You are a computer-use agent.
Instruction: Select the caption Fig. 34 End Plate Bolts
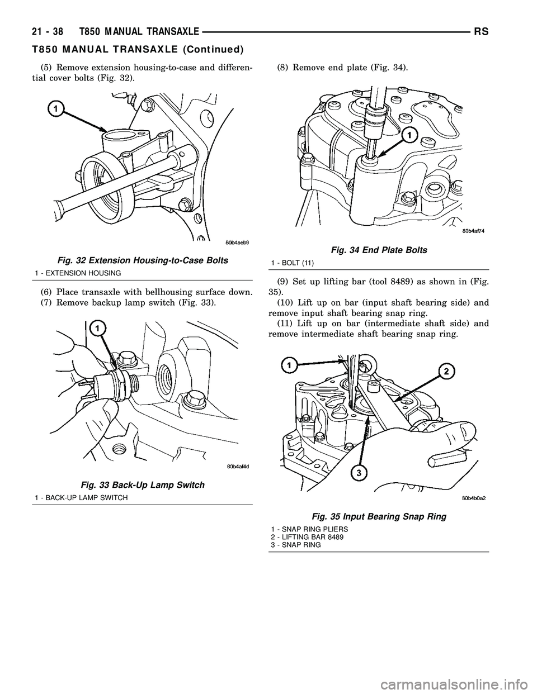click(x=379, y=251)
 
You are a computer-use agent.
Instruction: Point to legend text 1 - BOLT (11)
click(x=291, y=262)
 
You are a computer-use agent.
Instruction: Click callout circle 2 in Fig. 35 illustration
click(x=447, y=371)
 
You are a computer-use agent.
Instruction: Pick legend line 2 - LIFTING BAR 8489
click(x=307, y=537)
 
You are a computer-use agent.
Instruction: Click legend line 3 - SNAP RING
click(x=295, y=544)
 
